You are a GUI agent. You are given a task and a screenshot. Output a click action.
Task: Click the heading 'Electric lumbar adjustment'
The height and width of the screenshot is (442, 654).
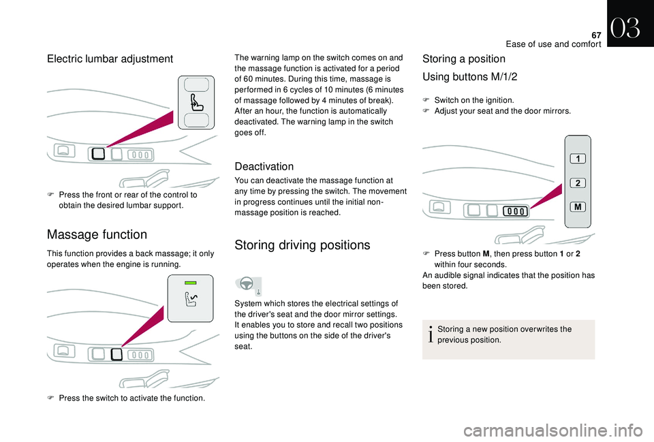110,59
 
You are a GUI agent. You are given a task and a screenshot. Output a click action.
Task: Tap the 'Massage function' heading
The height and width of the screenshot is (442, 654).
97,234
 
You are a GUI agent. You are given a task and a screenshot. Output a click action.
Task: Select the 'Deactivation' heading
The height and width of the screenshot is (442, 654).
264,166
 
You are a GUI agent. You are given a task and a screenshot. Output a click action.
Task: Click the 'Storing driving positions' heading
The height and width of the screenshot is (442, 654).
302,244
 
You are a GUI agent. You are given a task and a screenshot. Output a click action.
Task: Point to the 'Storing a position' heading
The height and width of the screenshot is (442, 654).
464,59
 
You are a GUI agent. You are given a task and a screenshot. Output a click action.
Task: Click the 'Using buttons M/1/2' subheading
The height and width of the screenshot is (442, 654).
469,77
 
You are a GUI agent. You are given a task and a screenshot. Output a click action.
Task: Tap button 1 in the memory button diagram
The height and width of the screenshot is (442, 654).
578,159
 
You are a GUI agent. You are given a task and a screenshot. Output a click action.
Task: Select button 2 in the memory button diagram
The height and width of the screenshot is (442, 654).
578,183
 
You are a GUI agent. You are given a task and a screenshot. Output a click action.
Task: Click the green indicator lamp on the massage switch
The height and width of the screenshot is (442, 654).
190,283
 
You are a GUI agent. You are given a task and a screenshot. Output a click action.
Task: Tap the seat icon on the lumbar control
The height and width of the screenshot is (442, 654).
196,103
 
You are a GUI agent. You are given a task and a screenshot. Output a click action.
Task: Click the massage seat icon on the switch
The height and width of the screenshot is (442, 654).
191,300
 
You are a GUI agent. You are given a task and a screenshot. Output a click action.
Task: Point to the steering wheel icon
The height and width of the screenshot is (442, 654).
247,283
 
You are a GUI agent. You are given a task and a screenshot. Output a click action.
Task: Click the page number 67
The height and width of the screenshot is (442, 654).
596,35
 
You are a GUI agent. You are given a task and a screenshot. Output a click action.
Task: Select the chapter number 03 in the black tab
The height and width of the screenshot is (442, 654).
625,29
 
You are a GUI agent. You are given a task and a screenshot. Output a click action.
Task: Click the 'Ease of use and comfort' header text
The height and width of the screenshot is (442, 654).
553,44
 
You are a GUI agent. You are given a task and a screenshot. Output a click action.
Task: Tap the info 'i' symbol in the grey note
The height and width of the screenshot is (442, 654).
431,334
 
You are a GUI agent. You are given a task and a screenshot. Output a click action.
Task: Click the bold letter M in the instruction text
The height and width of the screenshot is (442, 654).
486,254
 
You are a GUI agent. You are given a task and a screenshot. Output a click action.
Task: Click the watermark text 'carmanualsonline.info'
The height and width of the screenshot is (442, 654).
553,430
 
